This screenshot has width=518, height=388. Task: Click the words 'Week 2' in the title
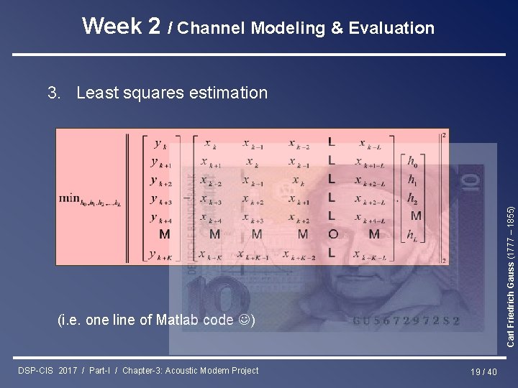point(121,27)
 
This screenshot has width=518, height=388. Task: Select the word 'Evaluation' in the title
point(391,29)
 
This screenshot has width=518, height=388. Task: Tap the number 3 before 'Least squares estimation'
point(52,93)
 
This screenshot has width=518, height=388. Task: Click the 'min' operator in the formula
point(70,198)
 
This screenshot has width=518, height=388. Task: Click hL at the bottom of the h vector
point(413,234)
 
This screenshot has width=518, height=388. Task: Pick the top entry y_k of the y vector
point(158,143)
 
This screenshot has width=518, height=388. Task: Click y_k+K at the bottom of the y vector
point(161,253)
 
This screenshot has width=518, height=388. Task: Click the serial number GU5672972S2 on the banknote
point(406,321)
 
